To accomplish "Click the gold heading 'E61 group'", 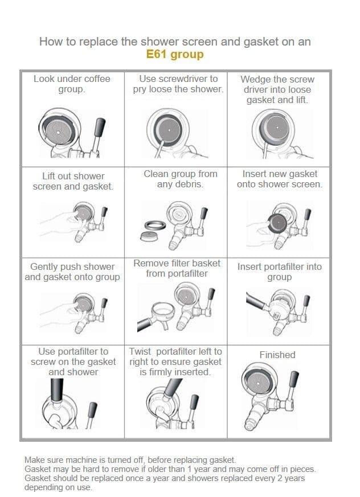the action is click(x=175, y=55).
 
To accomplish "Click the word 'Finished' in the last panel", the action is click(x=277, y=355).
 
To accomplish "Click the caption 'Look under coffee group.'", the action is click(x=72, y=84).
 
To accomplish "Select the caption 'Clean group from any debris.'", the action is click(x=181, y=179).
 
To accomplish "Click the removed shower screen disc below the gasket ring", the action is click(x=149, y=236).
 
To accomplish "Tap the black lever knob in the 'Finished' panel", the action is click(x=294, y=379).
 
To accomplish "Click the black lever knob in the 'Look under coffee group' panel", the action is click(x=100, y=127).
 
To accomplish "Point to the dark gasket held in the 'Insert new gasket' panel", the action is click(x=277, y=223).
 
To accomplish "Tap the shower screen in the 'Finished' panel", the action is click(x=258, y=383).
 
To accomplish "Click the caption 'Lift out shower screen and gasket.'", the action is click(x=73, y=181).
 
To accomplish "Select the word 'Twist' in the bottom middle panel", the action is click(x=140, y=351).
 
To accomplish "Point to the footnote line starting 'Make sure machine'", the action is click(x=130, y=460).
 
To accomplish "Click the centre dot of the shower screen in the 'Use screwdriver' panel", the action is click(x=169, y=130).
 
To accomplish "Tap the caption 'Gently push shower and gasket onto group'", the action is click(x=72, y=272).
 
